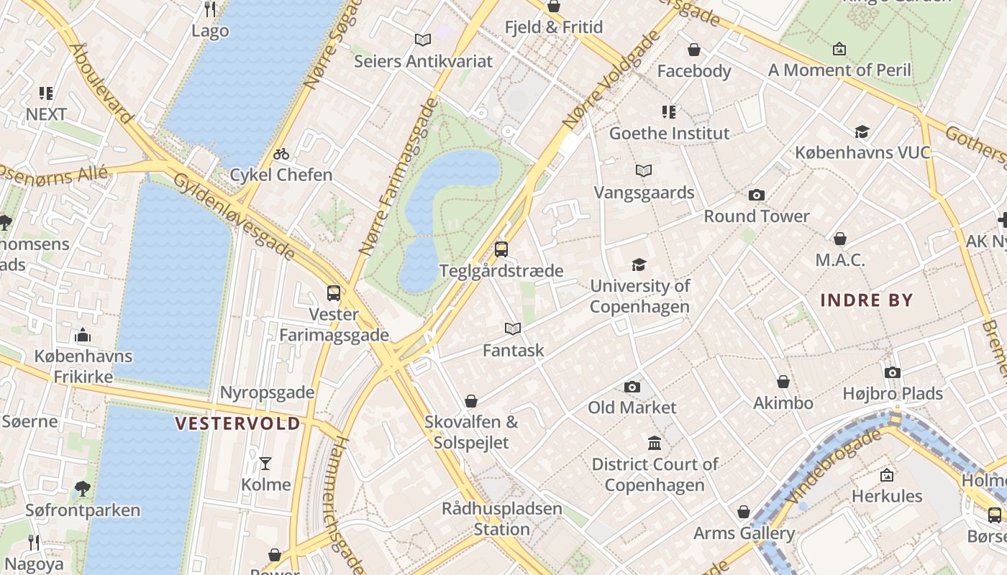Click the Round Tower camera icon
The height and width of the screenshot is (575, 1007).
coord(756,195)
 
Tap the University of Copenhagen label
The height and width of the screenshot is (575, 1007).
coord(639,296)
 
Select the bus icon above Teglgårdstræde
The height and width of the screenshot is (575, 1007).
coord(501,249)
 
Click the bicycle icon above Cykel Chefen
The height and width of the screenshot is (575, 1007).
coord(281,154)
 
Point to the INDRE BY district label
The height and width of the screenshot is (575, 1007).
coord(866,300)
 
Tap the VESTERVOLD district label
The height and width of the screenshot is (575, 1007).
coord(238,423)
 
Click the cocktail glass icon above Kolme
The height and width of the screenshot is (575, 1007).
coord(265,464)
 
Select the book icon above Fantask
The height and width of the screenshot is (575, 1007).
coord(512,328)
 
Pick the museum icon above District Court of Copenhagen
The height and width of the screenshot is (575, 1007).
coord(655,443)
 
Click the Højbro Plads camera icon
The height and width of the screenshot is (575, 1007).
coord(892,372)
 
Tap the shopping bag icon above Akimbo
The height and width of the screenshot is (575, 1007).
coord(783,382)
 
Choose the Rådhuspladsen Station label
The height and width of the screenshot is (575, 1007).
coord(501,519)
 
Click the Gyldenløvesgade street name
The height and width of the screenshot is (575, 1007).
coord(234,216)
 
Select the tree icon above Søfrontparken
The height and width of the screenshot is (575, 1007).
coord(82,489)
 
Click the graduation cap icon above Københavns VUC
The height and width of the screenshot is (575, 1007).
coord(862,132)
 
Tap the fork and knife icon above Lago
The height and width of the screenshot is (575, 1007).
coord(210,9)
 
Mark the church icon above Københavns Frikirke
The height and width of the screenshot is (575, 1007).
coord(83,335)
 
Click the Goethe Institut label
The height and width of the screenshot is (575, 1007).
coord(669,133)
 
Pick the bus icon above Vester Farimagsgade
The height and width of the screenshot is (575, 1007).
coord(333,293)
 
